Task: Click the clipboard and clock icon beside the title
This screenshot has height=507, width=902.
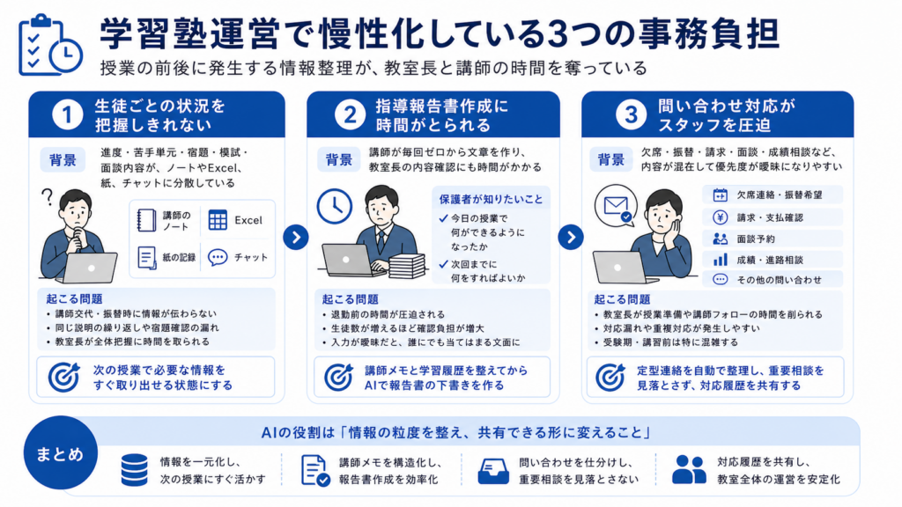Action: [x=49, y=45]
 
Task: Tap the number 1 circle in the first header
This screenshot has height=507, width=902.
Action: [x=67, y=114]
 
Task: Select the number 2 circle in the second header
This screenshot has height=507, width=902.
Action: [x=350, y=114]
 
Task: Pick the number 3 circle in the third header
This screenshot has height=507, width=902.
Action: [x=631, y=114]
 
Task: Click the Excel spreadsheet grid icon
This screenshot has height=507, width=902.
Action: [x=218, y=220]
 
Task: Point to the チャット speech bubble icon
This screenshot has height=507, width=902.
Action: [x=218, y=258]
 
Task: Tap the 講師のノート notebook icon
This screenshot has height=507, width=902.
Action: [x=146, y=220]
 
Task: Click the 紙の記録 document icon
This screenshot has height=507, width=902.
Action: [x=146, y=258]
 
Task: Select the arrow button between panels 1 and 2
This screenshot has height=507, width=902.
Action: [x=296, y=237]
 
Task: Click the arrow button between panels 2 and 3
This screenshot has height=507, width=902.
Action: [x=571, y=237]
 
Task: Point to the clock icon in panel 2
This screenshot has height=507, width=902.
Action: [x=334, y=206]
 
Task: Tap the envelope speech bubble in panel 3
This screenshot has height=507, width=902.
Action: [x=616, y=205]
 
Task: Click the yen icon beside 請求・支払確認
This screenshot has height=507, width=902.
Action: [x=721, y=217]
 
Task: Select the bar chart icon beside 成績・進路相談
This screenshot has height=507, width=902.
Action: [x=721, y=260]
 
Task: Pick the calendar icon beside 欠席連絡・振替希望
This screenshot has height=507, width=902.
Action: [x=721, y=195]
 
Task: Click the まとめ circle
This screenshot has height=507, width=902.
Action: [x=61, y=453]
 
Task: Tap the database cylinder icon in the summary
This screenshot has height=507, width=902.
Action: [x=135, y=470]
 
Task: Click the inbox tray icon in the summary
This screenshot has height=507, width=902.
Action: [x=493, y=472]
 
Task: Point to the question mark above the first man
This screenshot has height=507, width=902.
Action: [x=48, y=197]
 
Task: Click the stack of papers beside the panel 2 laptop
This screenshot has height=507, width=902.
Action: [x=407, y=266]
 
